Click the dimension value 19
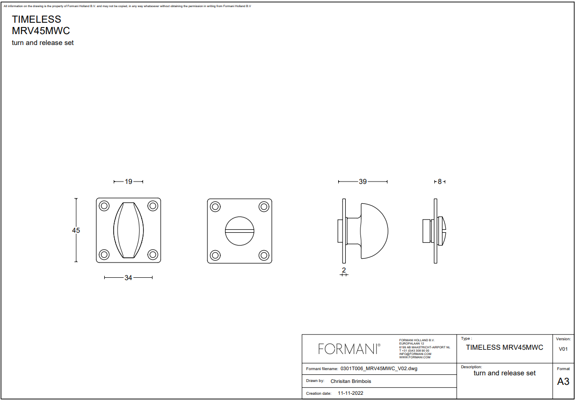click(x=128, y=182)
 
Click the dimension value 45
click(x=76, y=230)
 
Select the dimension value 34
click(x=128, y=278)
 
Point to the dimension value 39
click(x=363, y=182)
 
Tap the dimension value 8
click(x=440, y=182)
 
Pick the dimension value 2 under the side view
click(x=344, y=270)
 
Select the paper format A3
click(x=563, y=382)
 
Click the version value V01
click(x=563, y=349)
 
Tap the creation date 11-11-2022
click(x=351, y=393)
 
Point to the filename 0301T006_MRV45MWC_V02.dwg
click(x=379, y=368)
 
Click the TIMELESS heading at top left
click(x=36, y=19)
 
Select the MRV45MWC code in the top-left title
click(x=41, y=31)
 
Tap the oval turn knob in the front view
click(x=128, y=230)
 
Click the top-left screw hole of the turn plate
click(x=104, y=206)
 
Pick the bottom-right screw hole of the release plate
click(x=263, y=255)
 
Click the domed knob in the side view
click(x=375, y=231)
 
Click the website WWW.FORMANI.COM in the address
click(x=415, y=357)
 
